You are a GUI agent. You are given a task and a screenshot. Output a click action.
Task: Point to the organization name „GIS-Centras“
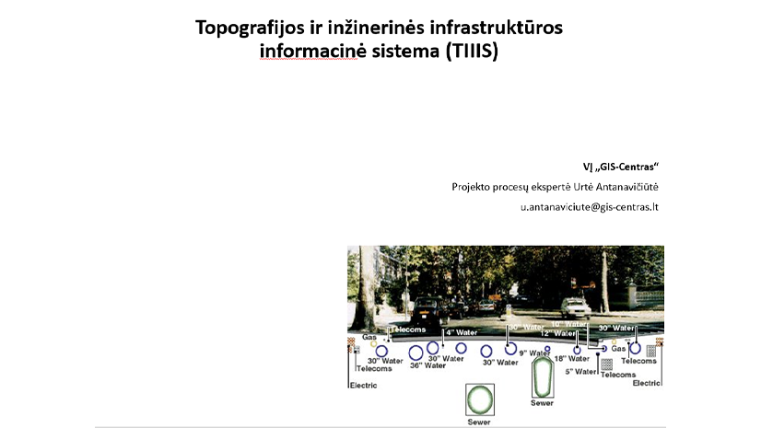tap(630, 167)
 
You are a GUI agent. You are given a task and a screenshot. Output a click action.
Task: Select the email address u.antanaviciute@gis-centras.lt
tap(590, 207)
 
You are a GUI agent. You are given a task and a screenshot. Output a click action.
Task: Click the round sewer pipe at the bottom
tap(480, 399)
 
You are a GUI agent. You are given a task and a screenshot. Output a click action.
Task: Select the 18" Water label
tap(571, 359)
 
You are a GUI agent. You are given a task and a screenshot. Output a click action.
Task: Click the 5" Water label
tap(582, 371)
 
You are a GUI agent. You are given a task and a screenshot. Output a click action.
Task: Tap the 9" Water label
tap(533, 353)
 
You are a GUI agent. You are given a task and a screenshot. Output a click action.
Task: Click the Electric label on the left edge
tap(362, 385)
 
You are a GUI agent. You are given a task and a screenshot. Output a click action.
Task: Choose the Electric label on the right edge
tap(647, 382)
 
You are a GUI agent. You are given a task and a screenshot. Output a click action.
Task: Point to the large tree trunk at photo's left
tap(360, 285)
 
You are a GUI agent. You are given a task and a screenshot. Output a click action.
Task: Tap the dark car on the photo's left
tap(432, 307)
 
